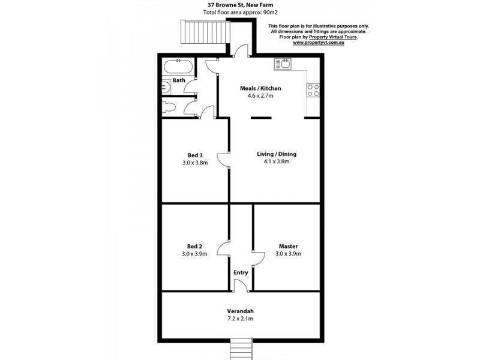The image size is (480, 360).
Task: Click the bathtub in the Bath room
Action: point(178,66)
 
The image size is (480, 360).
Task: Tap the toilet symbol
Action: point(169,107)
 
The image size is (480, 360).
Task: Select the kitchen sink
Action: point(283,63)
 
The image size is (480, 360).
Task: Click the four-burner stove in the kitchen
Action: point(313,90)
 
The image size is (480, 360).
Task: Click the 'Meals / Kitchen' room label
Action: point(260,88)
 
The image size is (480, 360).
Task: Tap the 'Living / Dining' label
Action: point(277,154)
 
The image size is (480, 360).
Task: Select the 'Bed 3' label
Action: point(194,154)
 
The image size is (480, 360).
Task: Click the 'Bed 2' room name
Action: point(194,246)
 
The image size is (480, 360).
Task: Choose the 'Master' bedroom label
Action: point(288,246)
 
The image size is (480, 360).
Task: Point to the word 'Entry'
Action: point(241,272)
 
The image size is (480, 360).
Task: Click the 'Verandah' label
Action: point(240,311)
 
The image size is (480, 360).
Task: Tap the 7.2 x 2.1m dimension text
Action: point(240,319)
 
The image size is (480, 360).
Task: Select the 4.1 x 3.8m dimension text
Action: point(277,161)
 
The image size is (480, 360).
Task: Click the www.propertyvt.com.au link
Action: point(318,43)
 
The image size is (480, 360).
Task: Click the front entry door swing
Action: point(240,286)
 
